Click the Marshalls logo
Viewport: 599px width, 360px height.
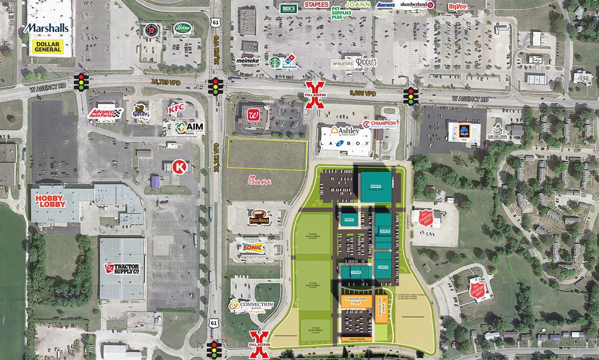[47, 27]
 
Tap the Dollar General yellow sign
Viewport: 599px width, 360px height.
[48, 47]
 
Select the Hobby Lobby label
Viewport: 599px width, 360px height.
[51, 201]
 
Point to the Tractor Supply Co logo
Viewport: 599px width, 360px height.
[122, 269]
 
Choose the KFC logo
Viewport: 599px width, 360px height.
[176, 109]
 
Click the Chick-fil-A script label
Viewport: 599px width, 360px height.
[260, 182]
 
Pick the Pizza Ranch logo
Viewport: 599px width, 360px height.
[259, 217]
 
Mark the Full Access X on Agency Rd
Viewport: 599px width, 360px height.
[315, 95]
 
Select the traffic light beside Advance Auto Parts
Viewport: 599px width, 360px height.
[81, 82]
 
